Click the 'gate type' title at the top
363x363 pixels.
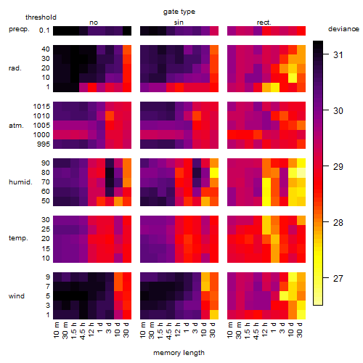[179, 12]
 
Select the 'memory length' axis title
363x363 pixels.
[179, 353]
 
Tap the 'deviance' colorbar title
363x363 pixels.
[343, 29]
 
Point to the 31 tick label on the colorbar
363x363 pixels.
[338, 55]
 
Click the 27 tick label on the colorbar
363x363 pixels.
[338, 279]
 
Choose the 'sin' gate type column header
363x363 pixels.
[179, 23]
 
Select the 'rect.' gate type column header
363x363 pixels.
[264, 23]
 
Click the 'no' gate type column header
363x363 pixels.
[94, 23]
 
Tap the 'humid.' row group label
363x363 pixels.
[20, 182]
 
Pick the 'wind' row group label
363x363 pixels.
[17, 296]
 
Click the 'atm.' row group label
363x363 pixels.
[16, 126]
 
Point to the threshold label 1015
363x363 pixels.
[41, 107]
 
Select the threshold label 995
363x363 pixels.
[44, 144]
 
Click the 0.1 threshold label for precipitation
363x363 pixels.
[44, 30]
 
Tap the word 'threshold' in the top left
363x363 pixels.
[41, 17]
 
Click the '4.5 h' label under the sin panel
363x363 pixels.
[169, 331]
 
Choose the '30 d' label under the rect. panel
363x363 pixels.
[300, 330]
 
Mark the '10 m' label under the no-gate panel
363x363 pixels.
[56, 330]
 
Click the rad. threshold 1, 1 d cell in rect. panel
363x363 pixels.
[275, 87]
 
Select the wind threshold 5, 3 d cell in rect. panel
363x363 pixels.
[284, 295]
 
